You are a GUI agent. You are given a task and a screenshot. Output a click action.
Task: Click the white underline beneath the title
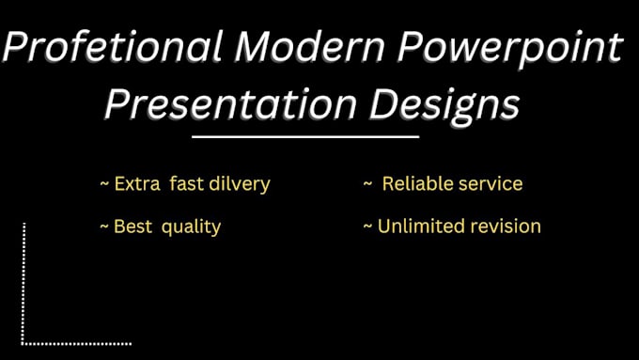(304, 137)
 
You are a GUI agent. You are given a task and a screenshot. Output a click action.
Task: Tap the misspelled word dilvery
(238, 184)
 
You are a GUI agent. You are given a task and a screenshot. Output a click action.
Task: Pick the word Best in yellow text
(131, 227)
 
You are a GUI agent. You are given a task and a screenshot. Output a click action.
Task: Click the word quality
(191, 227)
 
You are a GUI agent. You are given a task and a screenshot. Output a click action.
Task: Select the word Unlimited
(420, 227)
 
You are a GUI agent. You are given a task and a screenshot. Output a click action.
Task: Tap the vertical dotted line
(23, 282)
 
